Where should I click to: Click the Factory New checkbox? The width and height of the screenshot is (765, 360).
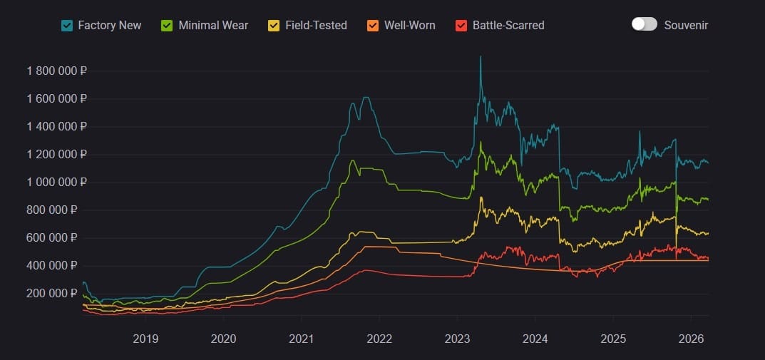tap(67, 26)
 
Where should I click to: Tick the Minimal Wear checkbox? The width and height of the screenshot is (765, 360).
tap(168, 26)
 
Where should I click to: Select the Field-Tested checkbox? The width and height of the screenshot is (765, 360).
tap(274, 26)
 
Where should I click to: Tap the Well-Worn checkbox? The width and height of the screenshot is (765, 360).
tap(373, 26)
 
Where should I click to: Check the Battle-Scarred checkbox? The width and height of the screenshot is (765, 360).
tap(461, 26)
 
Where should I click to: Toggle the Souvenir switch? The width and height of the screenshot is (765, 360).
tap(644, 24)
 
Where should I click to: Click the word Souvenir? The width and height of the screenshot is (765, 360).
tap(686, 26)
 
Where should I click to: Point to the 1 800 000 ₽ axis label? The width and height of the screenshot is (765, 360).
tap(56, 71)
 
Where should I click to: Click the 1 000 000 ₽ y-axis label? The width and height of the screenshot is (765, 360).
tap(56, 182)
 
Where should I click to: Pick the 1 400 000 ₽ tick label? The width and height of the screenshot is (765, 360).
tap(56, 127)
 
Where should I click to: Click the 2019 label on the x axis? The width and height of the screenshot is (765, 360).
tap(145, 337)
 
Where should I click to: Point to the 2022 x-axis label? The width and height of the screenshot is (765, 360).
tap(379, 337)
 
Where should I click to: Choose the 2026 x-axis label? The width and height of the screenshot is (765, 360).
tap(691, 337)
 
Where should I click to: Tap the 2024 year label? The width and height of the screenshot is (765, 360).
tap(535, 337)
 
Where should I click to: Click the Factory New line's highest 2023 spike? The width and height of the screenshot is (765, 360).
tap(480, 56)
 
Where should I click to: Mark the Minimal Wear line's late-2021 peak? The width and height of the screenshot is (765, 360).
tap(351, 160)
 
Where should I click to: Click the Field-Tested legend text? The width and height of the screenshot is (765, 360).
tap(316, 26)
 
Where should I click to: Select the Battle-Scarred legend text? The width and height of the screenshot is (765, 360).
tap(508, 26)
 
